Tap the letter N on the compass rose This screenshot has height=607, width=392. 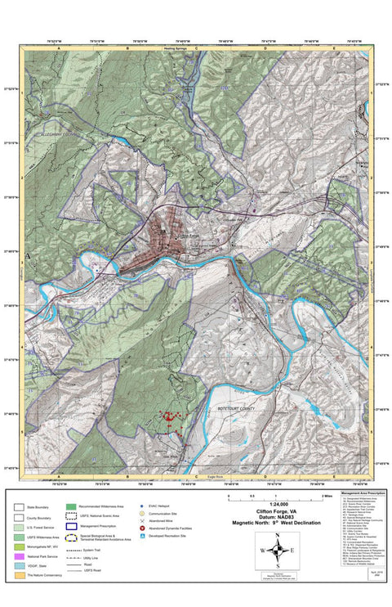pyautogui.click(x=278, y=535)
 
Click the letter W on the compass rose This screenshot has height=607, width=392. pyautogui.click(x=263, y=551)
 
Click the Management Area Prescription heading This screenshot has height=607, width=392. pyautogui.click(x=363, y=492)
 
